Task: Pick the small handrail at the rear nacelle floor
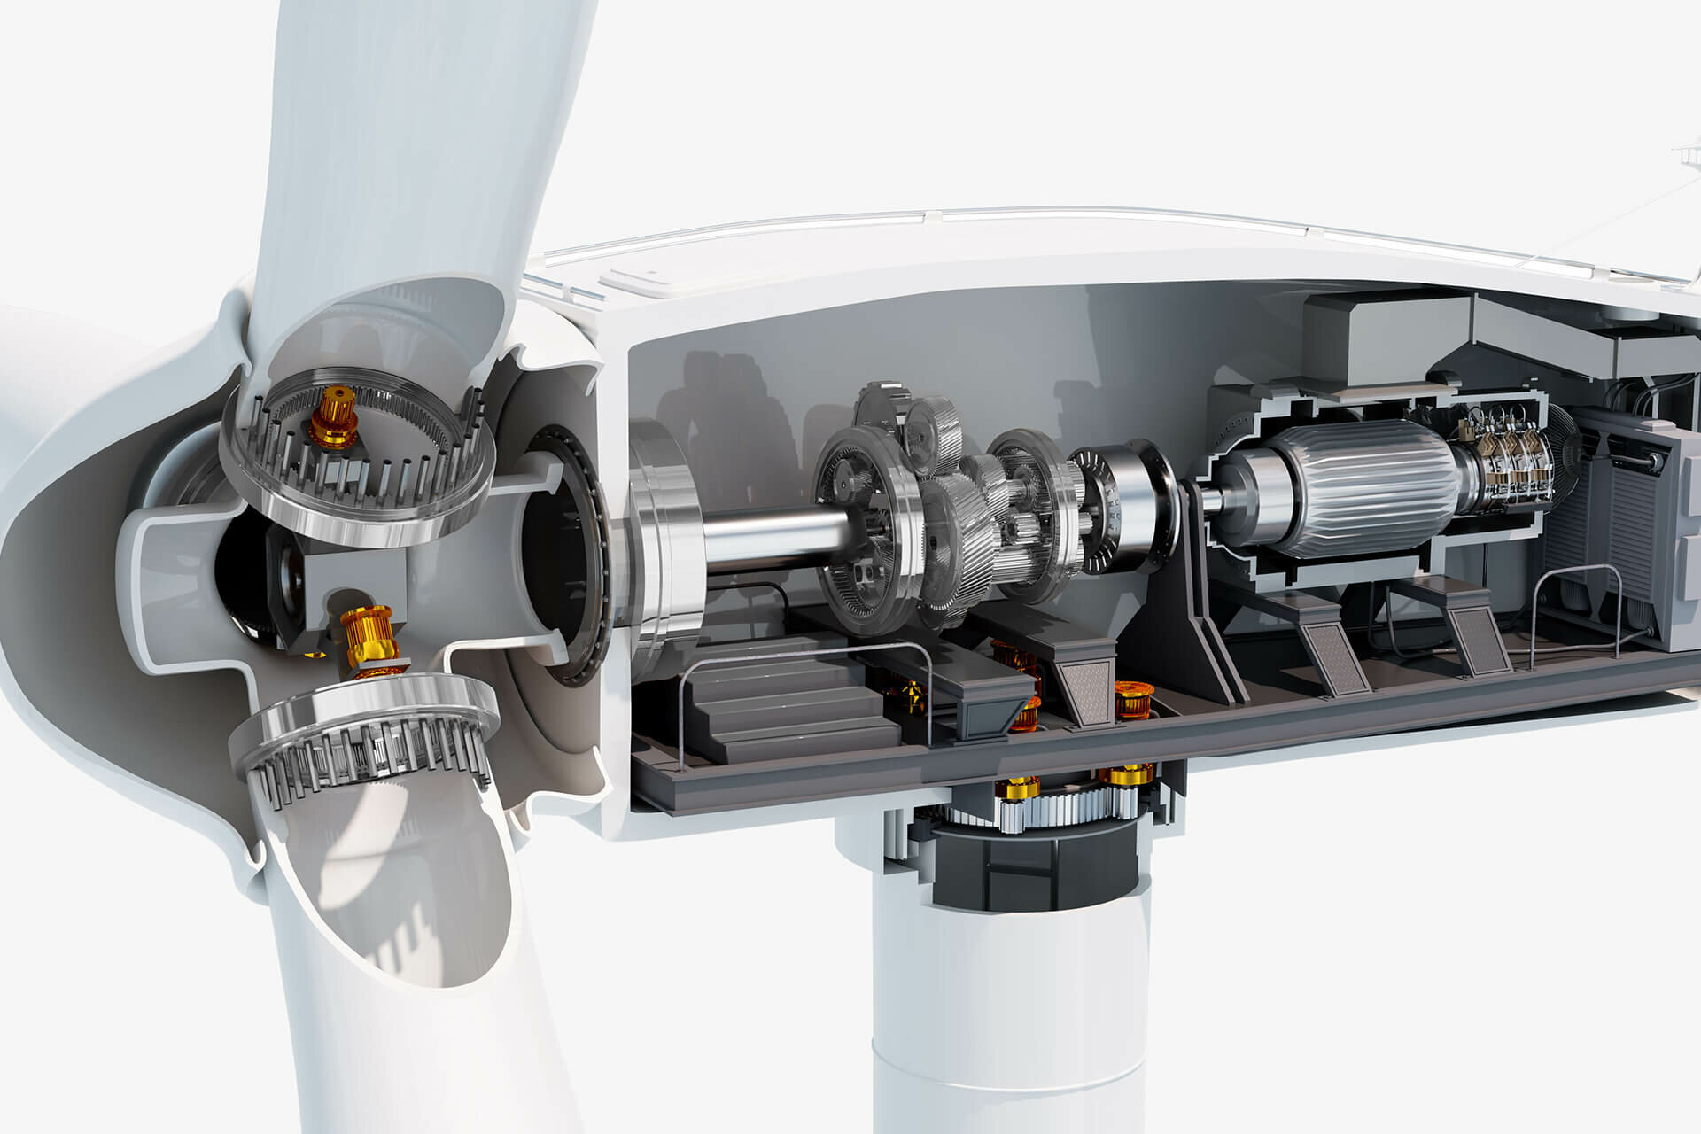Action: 1577,611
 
